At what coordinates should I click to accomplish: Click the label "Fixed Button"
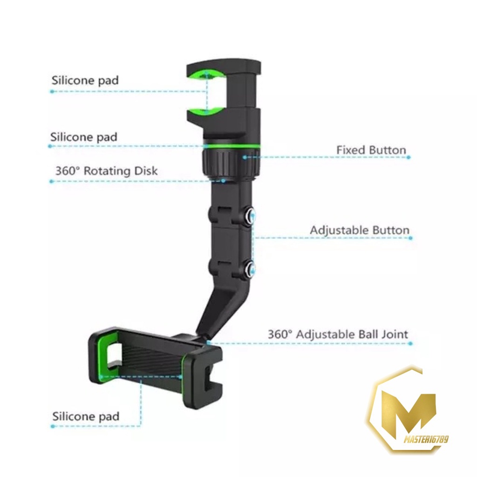pyautogui.click(x=371, y=150)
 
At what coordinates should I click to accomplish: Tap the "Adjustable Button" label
pyautogui.click(x=360, y=230)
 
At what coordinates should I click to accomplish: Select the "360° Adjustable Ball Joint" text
pyautogui.click(x=338, y=334)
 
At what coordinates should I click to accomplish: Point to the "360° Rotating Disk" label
pyautogui.click(x=106, y=171)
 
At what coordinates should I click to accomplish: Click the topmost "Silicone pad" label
pyautogui.click(x=85, y=80)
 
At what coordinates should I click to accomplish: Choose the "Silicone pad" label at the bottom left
pyautogui.click(x=86, y=416)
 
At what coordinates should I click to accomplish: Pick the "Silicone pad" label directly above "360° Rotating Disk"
pyautogui.click(x=84, y=137)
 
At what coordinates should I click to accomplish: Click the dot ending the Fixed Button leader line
pyautogui.click(x=409, y=158)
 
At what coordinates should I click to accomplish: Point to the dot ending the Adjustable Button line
pyautogui.click(x=410, y=238)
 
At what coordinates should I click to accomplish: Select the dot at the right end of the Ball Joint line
pyautogui.click(x=410, y=344)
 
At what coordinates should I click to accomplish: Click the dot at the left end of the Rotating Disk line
pyautogui.click(x=52, y=181)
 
